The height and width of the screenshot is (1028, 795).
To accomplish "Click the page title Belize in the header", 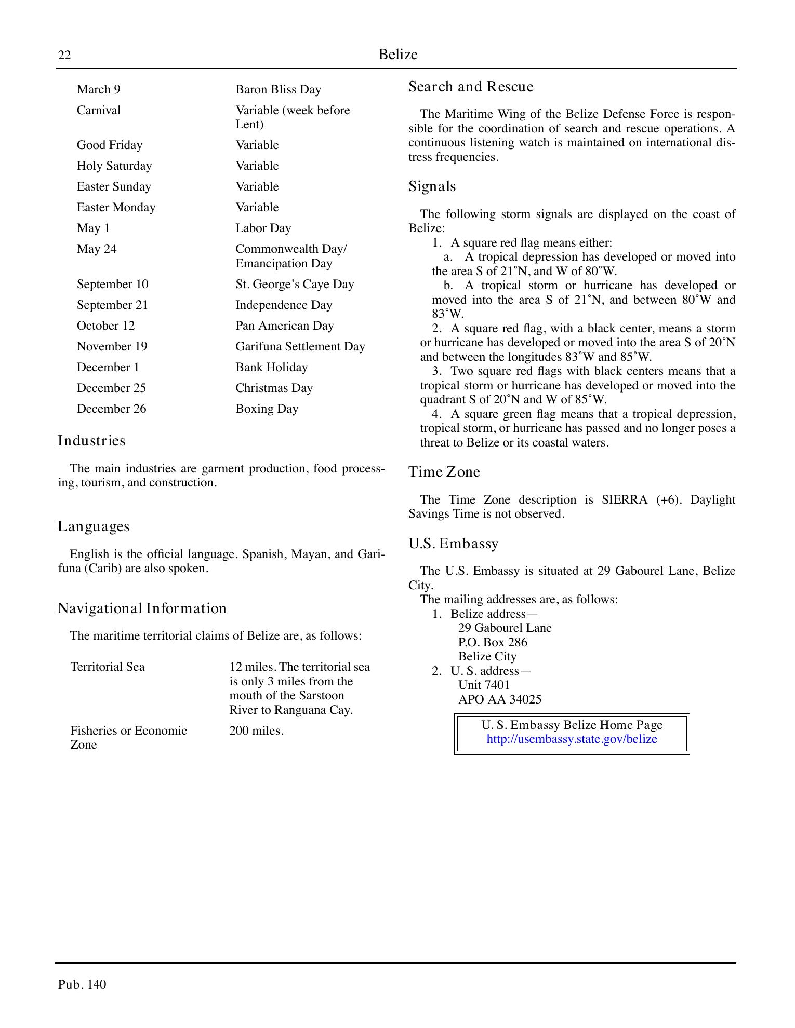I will click(x=398, y=55).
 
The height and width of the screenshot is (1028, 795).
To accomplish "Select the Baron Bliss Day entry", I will click(x=278, y=90).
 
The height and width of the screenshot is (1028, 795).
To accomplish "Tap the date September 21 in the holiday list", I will click(x=112, y=305).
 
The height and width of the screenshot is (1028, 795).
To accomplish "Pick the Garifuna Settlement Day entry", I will click(x=300, y=347).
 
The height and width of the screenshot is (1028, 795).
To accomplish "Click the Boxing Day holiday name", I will click(x=267, y=409).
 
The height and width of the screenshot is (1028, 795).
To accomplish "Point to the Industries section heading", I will click(x=91, y=441).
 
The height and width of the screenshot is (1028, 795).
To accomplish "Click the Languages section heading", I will click(x=94, y=526).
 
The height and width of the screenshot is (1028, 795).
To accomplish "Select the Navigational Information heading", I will click(x=142, y=608).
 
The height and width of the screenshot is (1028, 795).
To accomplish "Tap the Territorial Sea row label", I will click(x=107, y=667).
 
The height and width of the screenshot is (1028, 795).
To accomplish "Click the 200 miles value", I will click(x=256, y=731).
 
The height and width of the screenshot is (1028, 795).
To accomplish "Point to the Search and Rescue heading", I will click(x=471, y=87).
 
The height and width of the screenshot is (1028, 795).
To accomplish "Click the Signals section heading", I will click(x=432, y=186).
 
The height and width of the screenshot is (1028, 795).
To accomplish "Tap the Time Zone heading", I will click(x=444, y=472).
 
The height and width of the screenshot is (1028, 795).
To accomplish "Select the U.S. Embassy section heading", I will click(x=453, y=544).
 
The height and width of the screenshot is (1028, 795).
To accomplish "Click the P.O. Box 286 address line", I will click(x=492, y=643).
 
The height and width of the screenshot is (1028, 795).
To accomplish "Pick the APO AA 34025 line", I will click(x=499, y=700).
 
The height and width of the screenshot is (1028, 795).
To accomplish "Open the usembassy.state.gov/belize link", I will click(x=572, y=739).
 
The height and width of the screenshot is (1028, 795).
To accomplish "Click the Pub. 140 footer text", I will click(x=82, y=985).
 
